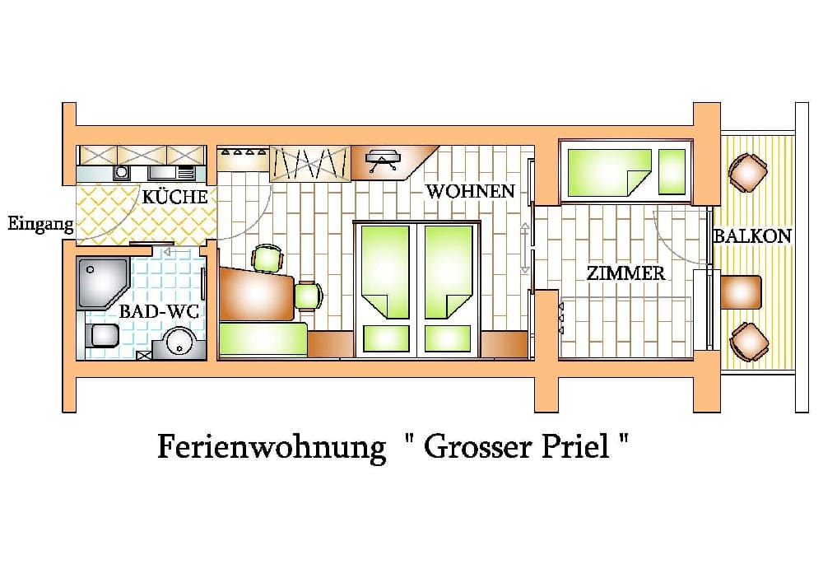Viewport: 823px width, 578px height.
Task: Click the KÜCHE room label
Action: point(174,197)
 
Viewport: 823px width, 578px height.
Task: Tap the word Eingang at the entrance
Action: point(40,224)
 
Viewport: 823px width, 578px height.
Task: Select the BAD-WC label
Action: point(159,311)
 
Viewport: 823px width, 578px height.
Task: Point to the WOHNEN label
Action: point(470,191)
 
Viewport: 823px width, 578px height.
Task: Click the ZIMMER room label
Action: point(625,273)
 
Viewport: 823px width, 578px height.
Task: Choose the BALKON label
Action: point(752,236)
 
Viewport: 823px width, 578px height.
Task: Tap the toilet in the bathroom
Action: point(102,335)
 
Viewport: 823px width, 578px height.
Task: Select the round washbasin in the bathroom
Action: point(179,343)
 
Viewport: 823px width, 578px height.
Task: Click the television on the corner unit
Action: point(384,159)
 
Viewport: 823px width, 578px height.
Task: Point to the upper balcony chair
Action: point(748,172)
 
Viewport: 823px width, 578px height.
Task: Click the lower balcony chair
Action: point(749,342)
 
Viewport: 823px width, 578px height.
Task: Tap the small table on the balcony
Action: point(741,292)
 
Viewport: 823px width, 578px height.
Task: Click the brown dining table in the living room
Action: point(256,293)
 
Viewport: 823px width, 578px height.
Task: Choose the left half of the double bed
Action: point(386,289)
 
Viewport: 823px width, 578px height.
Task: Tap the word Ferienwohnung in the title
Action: point(272,448)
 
